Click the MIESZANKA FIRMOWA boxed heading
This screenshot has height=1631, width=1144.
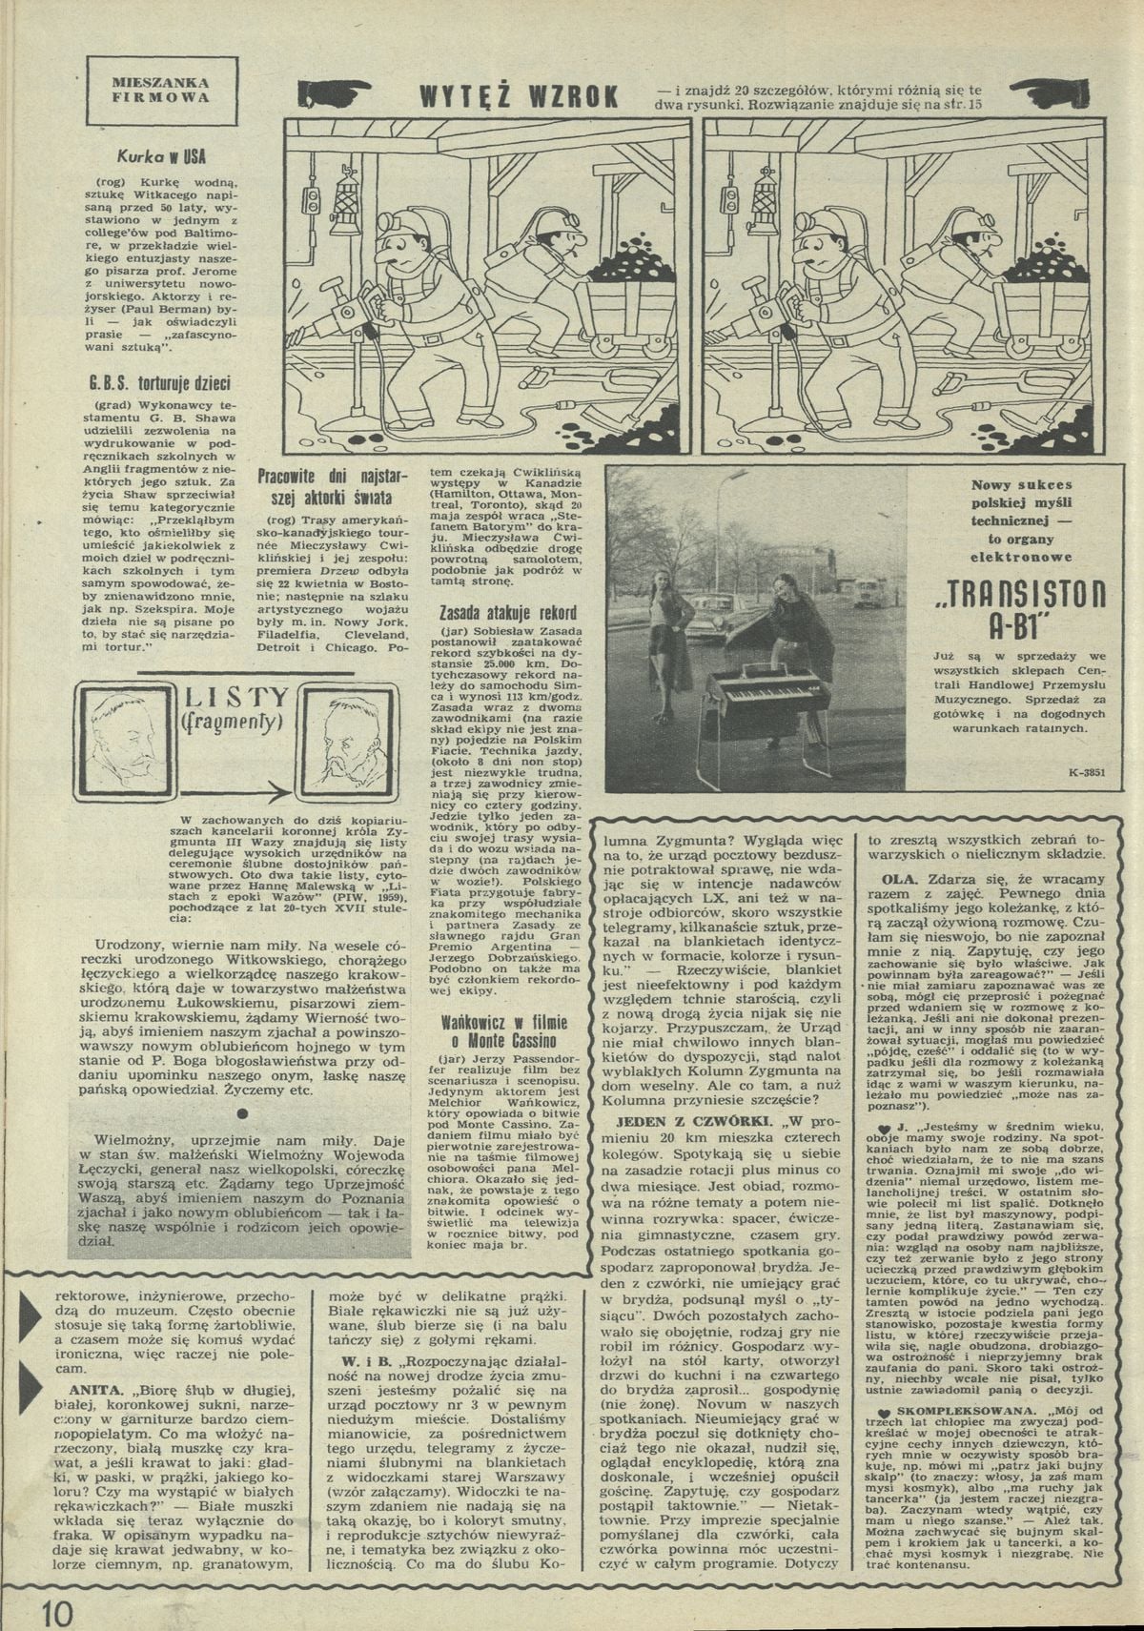pos(161,91)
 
